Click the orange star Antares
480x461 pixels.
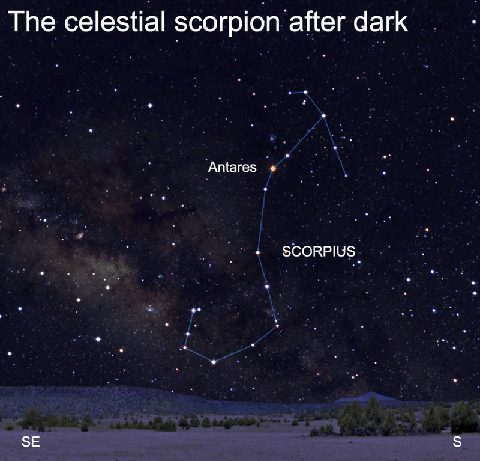(273, 168)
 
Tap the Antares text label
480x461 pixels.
(232, 167)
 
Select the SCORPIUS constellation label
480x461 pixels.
(319, 251)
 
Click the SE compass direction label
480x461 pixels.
(31, 442)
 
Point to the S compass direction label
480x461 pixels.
(457, 442)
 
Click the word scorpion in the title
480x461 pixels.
(227, 23)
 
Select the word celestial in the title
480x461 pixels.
(115, 21)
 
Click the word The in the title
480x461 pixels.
(32, 21)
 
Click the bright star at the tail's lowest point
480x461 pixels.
(214, 362)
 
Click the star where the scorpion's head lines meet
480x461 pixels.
(323, 115)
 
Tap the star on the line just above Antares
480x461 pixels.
(287, 156)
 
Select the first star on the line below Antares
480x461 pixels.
(265, 189)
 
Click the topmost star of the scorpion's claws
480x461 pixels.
(305, 92)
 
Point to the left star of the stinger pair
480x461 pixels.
(193, 310)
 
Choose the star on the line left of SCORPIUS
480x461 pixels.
(258, 252)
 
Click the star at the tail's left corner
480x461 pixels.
(185, 347)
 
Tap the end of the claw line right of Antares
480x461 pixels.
(346, 176)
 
